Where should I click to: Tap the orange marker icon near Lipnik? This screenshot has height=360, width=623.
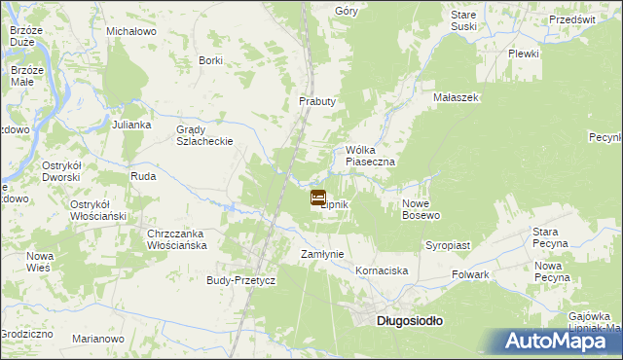[x=318, y=198]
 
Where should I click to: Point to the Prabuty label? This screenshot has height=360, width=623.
[x=316, y=101]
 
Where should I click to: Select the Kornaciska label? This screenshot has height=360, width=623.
[x=382, y=270]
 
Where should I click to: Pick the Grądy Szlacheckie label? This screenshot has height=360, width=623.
[x=203, y=134]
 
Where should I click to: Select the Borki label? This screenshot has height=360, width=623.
[x=210, y=60]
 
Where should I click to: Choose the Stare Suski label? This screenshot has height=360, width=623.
[x=464, y=20]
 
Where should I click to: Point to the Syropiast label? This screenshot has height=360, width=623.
[x=447, y=245]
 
